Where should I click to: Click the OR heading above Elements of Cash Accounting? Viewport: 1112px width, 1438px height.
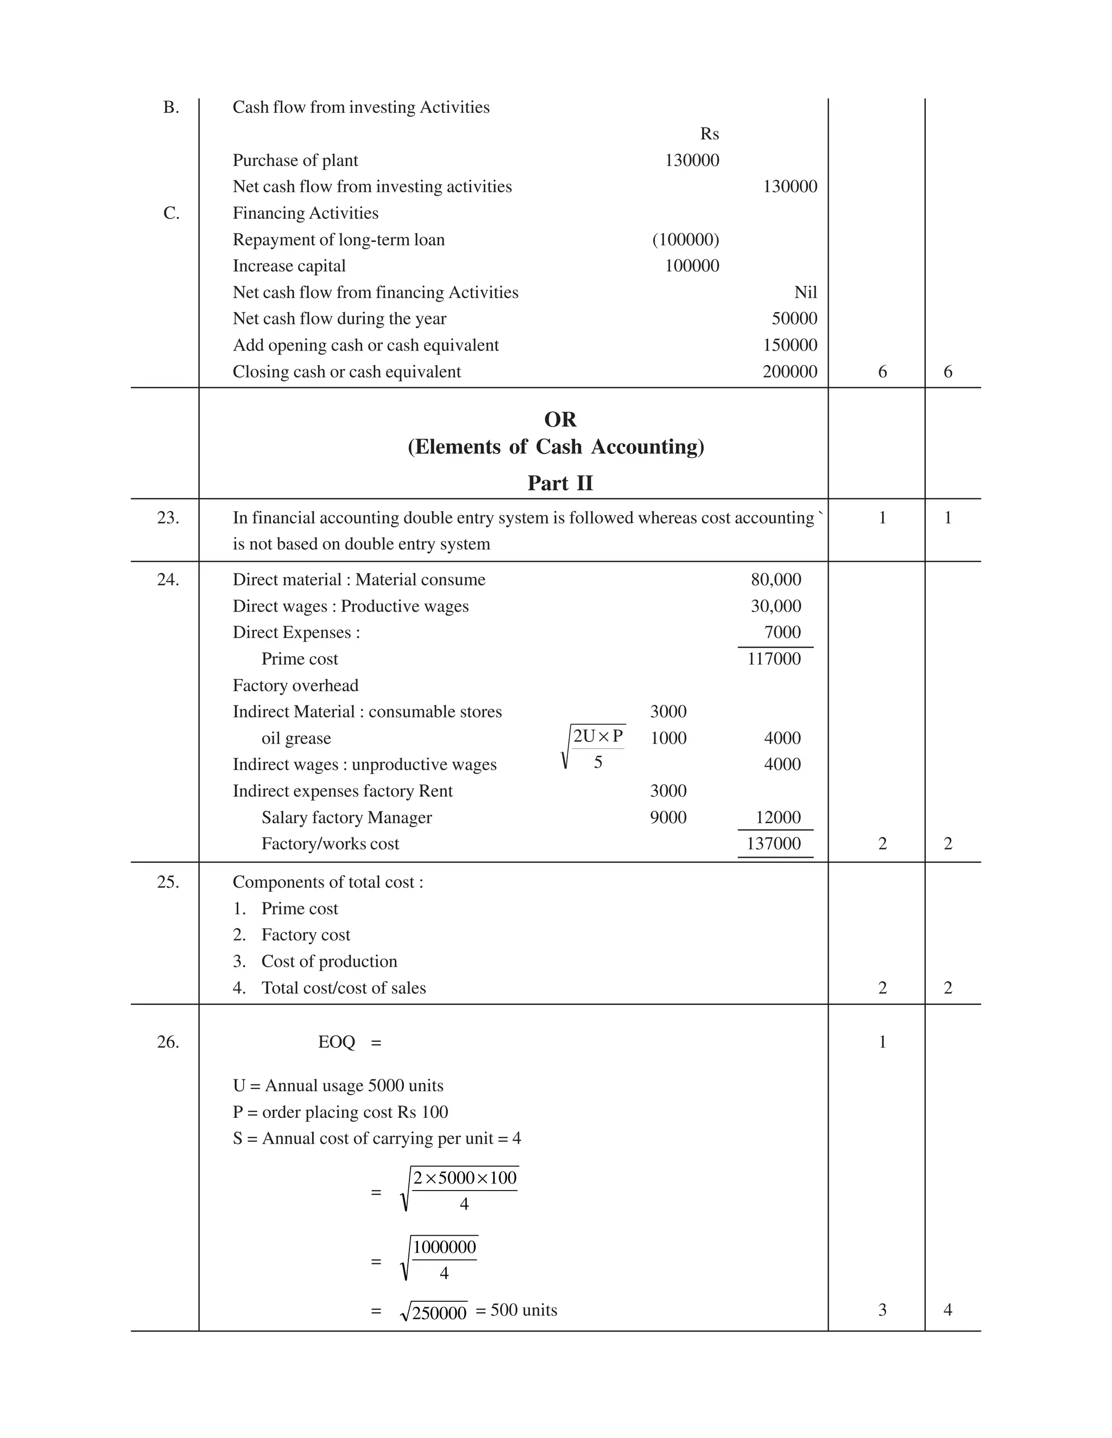point(560,419)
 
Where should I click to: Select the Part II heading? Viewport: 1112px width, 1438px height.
point(560,483)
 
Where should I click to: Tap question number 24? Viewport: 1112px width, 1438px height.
point(168,580)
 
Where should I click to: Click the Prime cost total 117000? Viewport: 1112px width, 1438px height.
point(774,659)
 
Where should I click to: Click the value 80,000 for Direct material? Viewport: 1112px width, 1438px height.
point(776,580)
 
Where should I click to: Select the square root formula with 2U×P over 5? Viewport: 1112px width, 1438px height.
point(593,747)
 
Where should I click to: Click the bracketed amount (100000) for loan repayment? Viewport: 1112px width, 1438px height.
point(686,240)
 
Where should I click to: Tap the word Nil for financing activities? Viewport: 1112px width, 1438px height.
point(805,292)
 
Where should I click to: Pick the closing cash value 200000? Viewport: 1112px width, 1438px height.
point(790,372)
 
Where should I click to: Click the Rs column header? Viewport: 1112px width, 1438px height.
point(710,133)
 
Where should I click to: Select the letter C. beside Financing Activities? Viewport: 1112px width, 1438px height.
point(171,213)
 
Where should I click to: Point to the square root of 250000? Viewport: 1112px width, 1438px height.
point(434,1312)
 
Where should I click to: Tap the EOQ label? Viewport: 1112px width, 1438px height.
point(336,1042)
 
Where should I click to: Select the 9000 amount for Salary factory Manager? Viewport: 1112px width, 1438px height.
point(668,817)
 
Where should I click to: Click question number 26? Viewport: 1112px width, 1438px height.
point(168,1042)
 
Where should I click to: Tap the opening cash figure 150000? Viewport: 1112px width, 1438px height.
point(790,345)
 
